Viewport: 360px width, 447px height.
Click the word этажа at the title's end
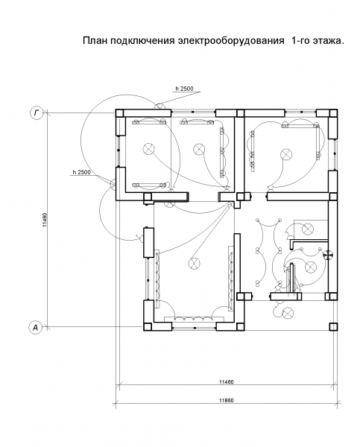pyautogui.click(x=326, y=41)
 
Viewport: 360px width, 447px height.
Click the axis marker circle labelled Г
pyautogui.click(x=37, y=113)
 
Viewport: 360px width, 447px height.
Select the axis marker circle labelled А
pyautogui.click(x=35, y=328)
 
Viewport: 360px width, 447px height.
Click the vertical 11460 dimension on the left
pyautogui.click(x=45, y=220)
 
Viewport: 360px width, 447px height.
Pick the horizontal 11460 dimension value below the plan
pyautogui.click(x=227, y=381)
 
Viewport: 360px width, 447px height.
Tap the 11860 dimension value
pyautogui.click(x=227, y=400)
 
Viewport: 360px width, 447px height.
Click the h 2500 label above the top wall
pyautogui.click(x=184, y=89)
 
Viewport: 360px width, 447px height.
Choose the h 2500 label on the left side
pyautogui.click(x=81, y=172)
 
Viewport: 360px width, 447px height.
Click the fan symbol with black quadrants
pyautogui.click(x=329, y=255)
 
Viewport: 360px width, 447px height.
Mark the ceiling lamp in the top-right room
pyautogui.click(x=286, y=154)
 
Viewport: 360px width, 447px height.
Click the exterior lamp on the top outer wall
pyautogui.click(x=160, y=106)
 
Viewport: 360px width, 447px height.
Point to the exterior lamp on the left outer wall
pyautogui.click(x=113, y=184)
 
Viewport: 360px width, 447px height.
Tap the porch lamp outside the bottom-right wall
pyautogui.click(x=287, y=313)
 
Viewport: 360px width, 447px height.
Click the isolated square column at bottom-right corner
pyautogui.click(x=333, y=326)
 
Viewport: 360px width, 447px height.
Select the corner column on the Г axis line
pyautogui.click(x=119, y=113)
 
